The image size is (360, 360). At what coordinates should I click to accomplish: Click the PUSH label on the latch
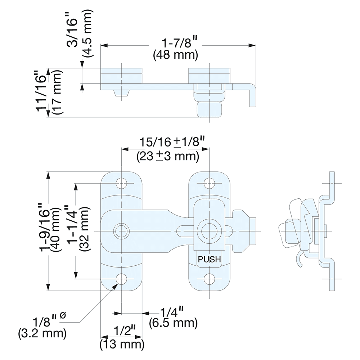209,259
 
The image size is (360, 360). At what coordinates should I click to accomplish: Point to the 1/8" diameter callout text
48,320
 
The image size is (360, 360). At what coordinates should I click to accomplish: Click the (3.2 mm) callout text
42,333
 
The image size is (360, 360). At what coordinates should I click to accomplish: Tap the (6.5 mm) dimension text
173,323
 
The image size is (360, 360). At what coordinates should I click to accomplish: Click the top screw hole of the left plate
122,183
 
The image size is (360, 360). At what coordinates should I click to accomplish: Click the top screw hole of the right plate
209,183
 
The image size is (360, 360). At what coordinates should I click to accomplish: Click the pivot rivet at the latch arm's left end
121,230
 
